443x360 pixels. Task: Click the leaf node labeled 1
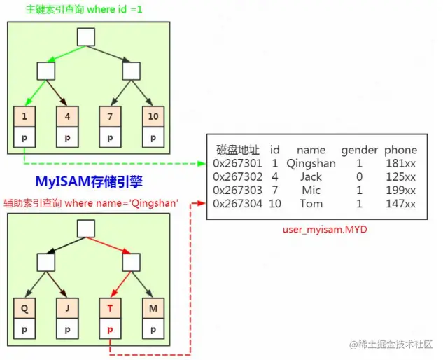[x=24, y=115]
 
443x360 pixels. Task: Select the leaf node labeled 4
[x=67, y=115]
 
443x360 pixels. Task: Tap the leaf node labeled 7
[x=110, y=115]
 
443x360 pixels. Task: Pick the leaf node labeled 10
[x=153, y=115]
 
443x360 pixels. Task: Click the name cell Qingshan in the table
[x=311, y=164]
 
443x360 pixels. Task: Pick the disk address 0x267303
[x=238, y=191]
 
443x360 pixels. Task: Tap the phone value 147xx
[x=400, y=204]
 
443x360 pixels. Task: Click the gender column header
[x=359, y=150]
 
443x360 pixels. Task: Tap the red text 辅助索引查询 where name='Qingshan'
[x=90, y=202]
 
